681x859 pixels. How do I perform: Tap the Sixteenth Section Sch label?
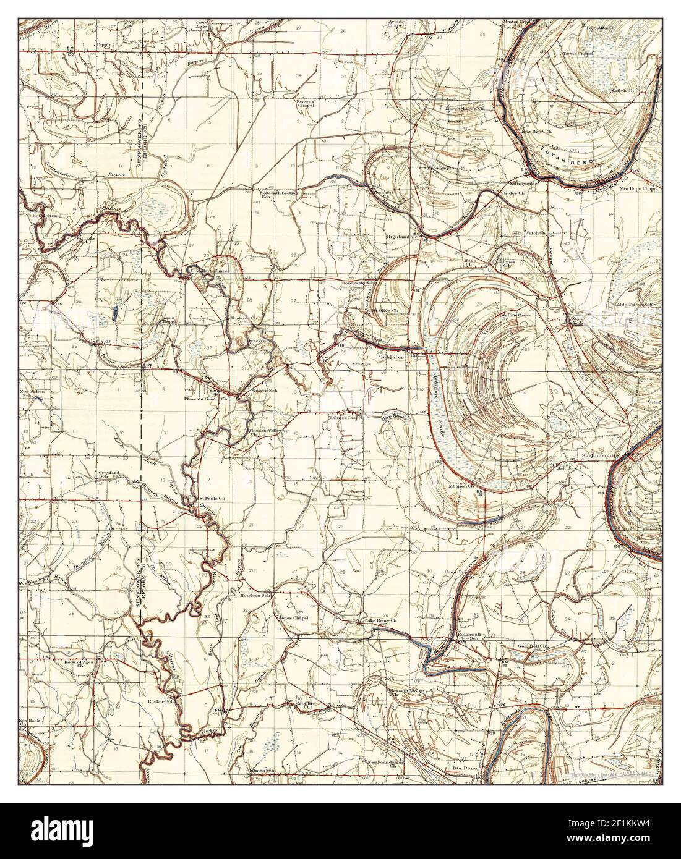[x=280, y=195]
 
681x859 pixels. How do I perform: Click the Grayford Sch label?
[x=107, y=475]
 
